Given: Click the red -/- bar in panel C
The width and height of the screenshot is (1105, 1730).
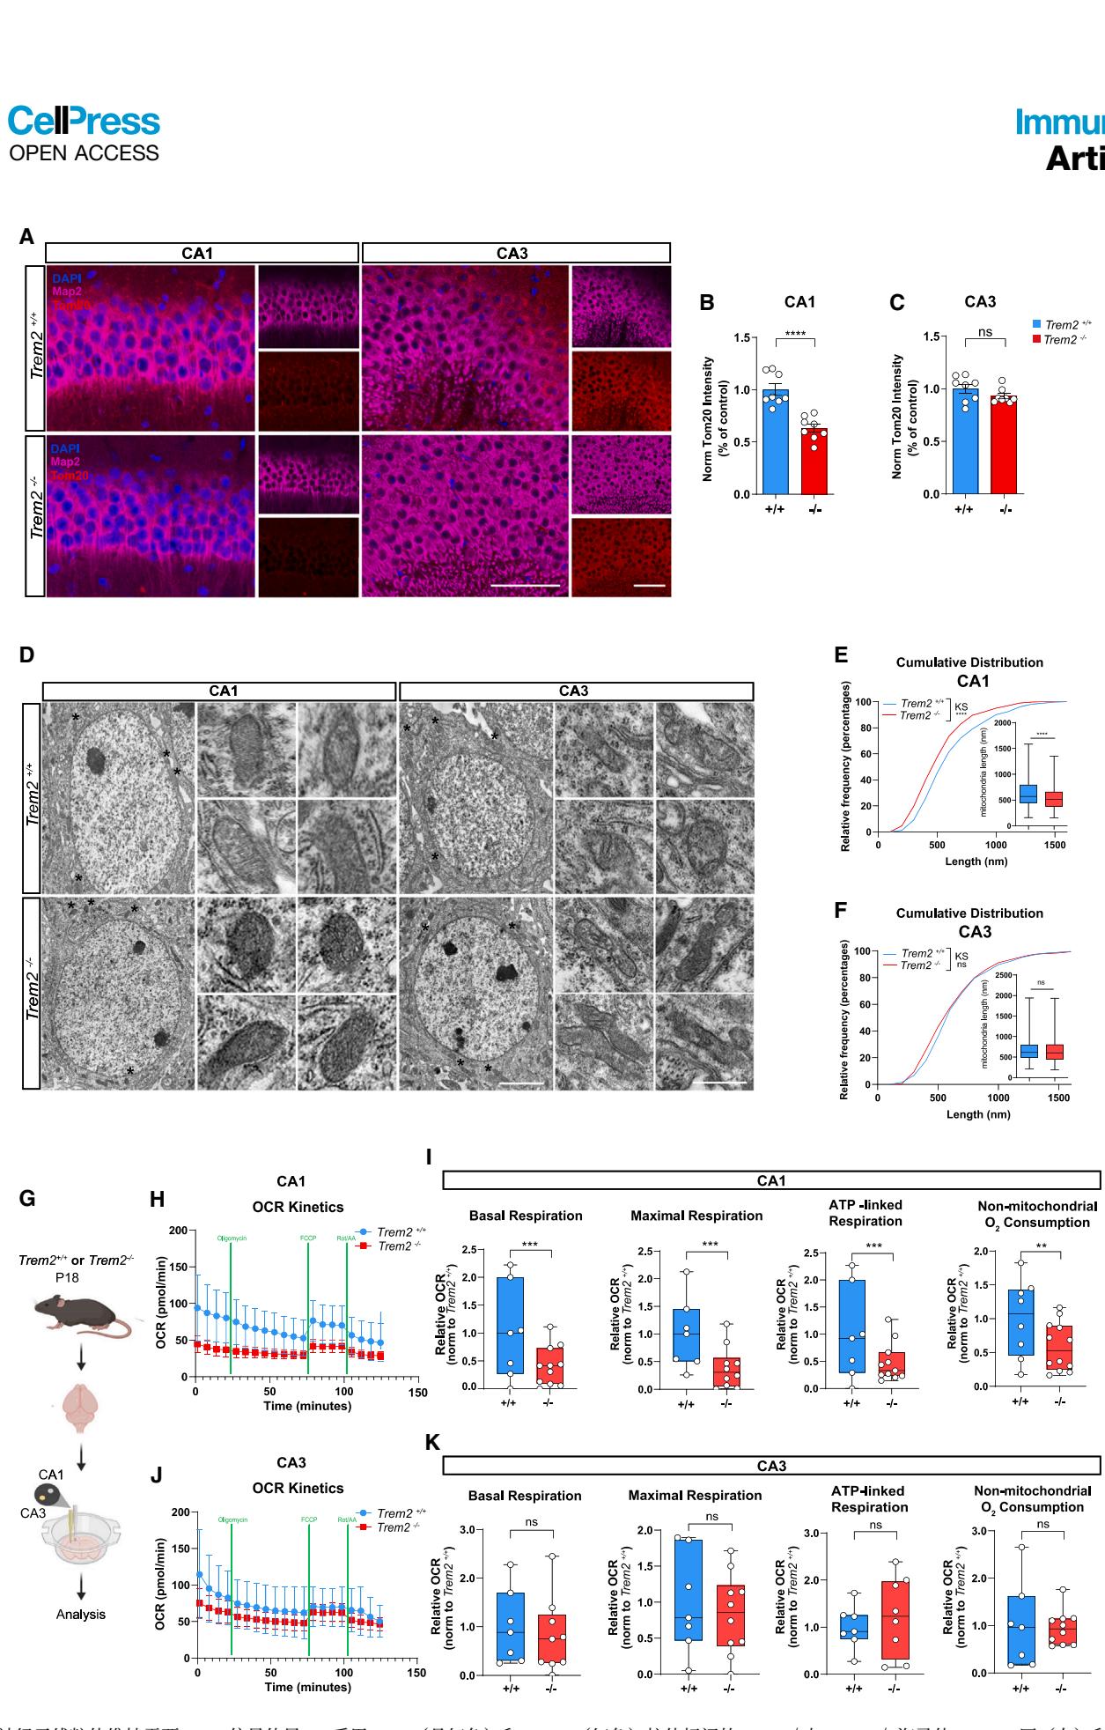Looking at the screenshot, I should (1004, 446).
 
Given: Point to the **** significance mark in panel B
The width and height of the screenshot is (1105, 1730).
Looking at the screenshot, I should (795, 334).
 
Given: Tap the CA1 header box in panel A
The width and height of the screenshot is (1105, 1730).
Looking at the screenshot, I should (202, 254).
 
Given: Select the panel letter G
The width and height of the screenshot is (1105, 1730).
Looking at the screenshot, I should (27, 1198).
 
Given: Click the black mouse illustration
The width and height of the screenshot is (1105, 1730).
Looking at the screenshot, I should (81, 1312).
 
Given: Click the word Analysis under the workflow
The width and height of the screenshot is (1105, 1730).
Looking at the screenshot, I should (81, 1614).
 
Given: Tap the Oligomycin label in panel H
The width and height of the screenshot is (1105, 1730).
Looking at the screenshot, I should (232, 1238).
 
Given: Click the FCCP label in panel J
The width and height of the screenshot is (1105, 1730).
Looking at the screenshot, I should (309, 1519).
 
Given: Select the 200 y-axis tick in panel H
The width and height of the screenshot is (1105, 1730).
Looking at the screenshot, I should (178, 1231).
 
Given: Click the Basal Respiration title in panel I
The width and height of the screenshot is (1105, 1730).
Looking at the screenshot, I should (526, 1216).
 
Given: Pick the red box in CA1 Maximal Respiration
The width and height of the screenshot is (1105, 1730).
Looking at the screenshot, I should (726, 1371).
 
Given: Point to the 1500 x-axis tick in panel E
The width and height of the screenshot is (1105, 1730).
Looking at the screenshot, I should (1055, 845).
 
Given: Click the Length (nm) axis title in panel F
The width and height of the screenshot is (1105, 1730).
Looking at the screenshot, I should (977, 1114).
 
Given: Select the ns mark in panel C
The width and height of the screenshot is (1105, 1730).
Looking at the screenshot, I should (985, 333).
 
